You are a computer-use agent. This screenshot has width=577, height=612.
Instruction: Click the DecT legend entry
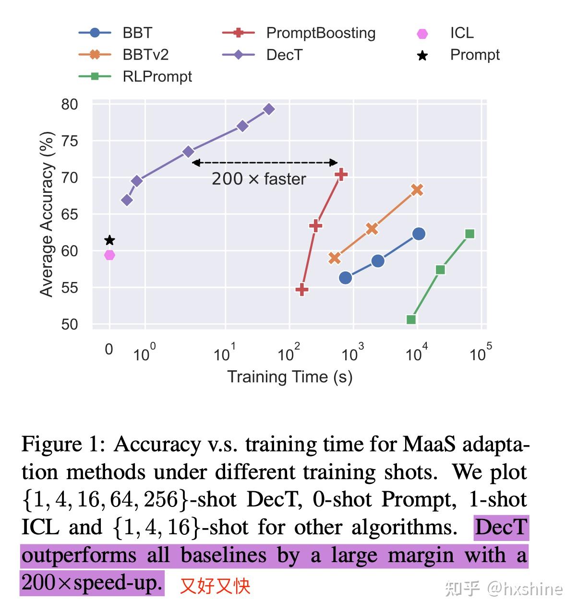[284, 55]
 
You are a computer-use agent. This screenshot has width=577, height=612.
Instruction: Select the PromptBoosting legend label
[321, 33]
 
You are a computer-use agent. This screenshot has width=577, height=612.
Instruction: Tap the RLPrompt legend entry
[157, 77]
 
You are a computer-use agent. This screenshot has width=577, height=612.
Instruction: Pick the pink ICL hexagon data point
[109, 255]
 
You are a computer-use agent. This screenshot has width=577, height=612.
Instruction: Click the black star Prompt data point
[109, 240]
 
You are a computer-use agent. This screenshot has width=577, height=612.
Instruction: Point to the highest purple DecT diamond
[269, 109]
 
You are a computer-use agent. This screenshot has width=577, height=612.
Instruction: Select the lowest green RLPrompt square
[411, 320]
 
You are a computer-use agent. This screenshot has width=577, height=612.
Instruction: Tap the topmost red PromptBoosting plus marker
[341, 175]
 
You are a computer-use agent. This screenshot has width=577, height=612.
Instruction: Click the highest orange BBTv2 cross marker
[417, 190]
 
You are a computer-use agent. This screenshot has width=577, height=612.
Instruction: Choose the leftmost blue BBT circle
[345, 278]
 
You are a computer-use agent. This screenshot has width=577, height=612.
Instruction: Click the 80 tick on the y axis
[69, 105]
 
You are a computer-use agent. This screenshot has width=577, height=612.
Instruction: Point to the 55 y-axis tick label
[69, 288]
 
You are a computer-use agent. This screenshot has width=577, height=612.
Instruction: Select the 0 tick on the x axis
[109, 349]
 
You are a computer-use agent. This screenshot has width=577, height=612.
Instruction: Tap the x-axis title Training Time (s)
[289, 377]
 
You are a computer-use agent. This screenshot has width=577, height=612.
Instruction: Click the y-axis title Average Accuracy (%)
[47, 214]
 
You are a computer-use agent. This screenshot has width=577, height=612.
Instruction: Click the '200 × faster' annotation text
[259, 179]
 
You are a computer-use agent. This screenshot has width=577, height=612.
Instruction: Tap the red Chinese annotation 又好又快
[215, 586]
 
